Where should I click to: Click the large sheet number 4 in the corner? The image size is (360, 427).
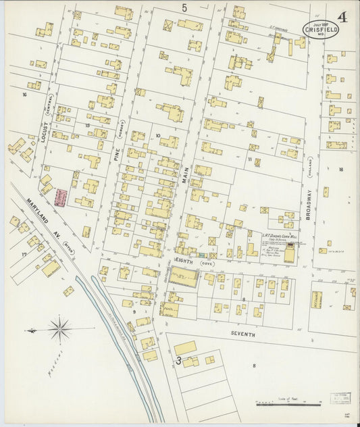342,18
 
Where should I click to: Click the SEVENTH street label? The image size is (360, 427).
242,334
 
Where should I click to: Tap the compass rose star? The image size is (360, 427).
60,330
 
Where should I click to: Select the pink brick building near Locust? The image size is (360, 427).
61,197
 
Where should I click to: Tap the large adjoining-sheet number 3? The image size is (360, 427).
179,360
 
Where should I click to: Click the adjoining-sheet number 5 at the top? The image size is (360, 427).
184,7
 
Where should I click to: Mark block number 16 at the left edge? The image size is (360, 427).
24,95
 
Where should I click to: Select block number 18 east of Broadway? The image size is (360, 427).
342,170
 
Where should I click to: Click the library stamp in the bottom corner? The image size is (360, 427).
340,399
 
